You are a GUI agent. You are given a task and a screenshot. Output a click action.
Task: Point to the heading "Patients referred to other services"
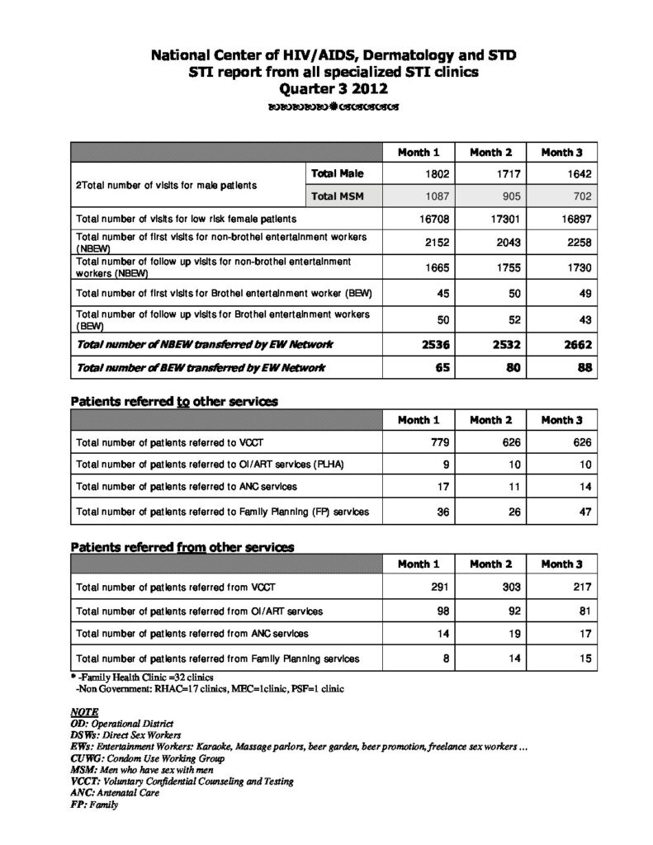coord(174,401)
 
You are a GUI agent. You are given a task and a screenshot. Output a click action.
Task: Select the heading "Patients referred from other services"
coord(182,547)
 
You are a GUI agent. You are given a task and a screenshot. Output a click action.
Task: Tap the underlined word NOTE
coord(85,710)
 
